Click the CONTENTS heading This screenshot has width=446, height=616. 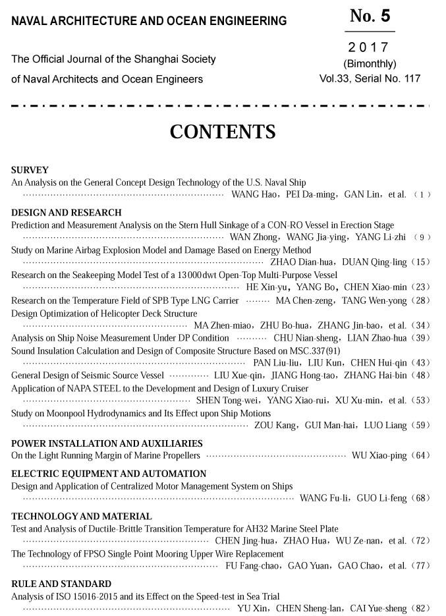pyautogui.click(x=223, y=132)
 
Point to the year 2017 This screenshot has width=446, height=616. pyautogui.click(x=369, y=48)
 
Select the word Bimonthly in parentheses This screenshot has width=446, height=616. pyautogui.click(x=370, y=64)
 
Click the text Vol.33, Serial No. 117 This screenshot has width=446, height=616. pyautogui.click(x=370, y=79)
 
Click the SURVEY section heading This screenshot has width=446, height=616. pyautogui.click(x=30, y=170)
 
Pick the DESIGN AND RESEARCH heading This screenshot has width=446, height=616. pyautogui.click(x=67, y=213)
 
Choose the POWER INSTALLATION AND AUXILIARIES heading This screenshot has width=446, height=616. pyautogui.click(x=107, y=443)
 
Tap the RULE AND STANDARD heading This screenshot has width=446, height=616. pyautogui.click(x=61, y=584)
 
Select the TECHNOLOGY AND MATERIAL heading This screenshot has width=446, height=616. pyautogui.click(x=82, y=517)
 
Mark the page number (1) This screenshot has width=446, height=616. pyautogui.click(x=422, y=195)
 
